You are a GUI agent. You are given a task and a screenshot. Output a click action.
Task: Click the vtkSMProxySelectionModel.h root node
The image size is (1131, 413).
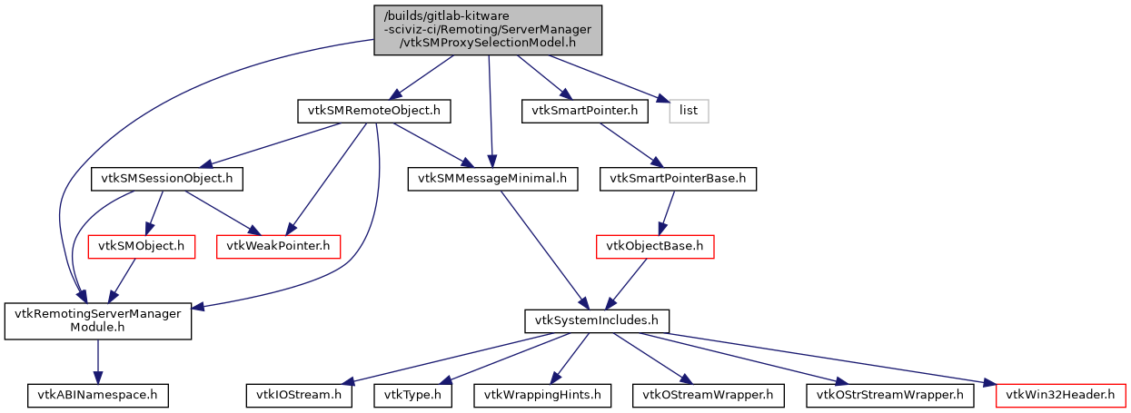coord(488,29)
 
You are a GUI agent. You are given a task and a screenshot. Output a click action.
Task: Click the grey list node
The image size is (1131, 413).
coord(689,111)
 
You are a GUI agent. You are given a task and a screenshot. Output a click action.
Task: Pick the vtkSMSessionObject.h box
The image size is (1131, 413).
coord(166,179)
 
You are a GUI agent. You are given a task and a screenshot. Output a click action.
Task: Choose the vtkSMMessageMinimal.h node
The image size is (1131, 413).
coord(491,179)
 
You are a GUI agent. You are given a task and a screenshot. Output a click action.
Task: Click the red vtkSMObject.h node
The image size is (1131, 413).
coord(141,246)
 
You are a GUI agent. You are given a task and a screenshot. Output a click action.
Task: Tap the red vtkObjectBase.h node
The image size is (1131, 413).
coord(655,246)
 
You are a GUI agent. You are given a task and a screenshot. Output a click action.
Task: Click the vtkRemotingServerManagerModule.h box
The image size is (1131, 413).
coord(98,321)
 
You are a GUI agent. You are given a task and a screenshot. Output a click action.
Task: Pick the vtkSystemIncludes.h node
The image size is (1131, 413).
coord(597,320)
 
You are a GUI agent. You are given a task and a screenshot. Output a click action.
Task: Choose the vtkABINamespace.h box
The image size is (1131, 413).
coord(97,395)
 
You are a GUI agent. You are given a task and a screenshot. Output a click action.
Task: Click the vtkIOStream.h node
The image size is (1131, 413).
coord(299,395)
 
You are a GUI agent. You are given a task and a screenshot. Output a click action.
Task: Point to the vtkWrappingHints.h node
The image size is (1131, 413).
coord(542,395)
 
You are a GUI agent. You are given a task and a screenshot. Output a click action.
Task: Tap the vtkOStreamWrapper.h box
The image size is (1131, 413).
coord(708,395)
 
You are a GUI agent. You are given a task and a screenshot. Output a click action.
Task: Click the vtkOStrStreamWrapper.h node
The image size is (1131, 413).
coord(889,395)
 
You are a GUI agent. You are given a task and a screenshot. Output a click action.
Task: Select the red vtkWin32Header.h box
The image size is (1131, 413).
coord(1061,395)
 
